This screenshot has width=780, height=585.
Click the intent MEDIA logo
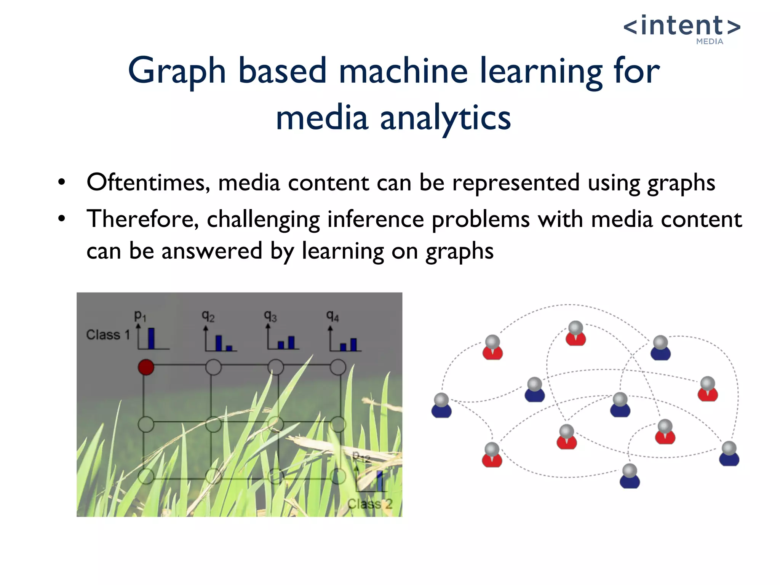[682, 29]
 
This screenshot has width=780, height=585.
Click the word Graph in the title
[177, 71]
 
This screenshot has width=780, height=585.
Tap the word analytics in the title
[445, 118]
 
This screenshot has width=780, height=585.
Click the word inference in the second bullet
[375, 219]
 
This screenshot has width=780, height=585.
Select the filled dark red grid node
[146, 367]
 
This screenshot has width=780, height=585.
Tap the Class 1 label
[108, 335]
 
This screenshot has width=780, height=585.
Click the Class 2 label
[369, 504]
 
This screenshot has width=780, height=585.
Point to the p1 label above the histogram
[140, 316]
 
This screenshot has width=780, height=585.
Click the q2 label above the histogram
[208, 316]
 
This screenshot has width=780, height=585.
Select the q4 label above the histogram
[332, 316]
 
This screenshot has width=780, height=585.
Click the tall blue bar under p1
[151, 338]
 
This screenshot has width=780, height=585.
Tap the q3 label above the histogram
[270, 316]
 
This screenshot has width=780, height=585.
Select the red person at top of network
[575, 333]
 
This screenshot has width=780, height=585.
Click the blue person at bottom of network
[630, 476]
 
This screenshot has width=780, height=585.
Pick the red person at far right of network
[708, 389]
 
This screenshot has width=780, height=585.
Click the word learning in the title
[540, 71]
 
